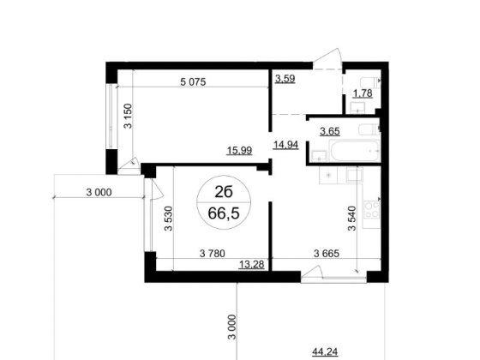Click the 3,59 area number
pos(285,81)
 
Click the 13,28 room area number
pos(249,263)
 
